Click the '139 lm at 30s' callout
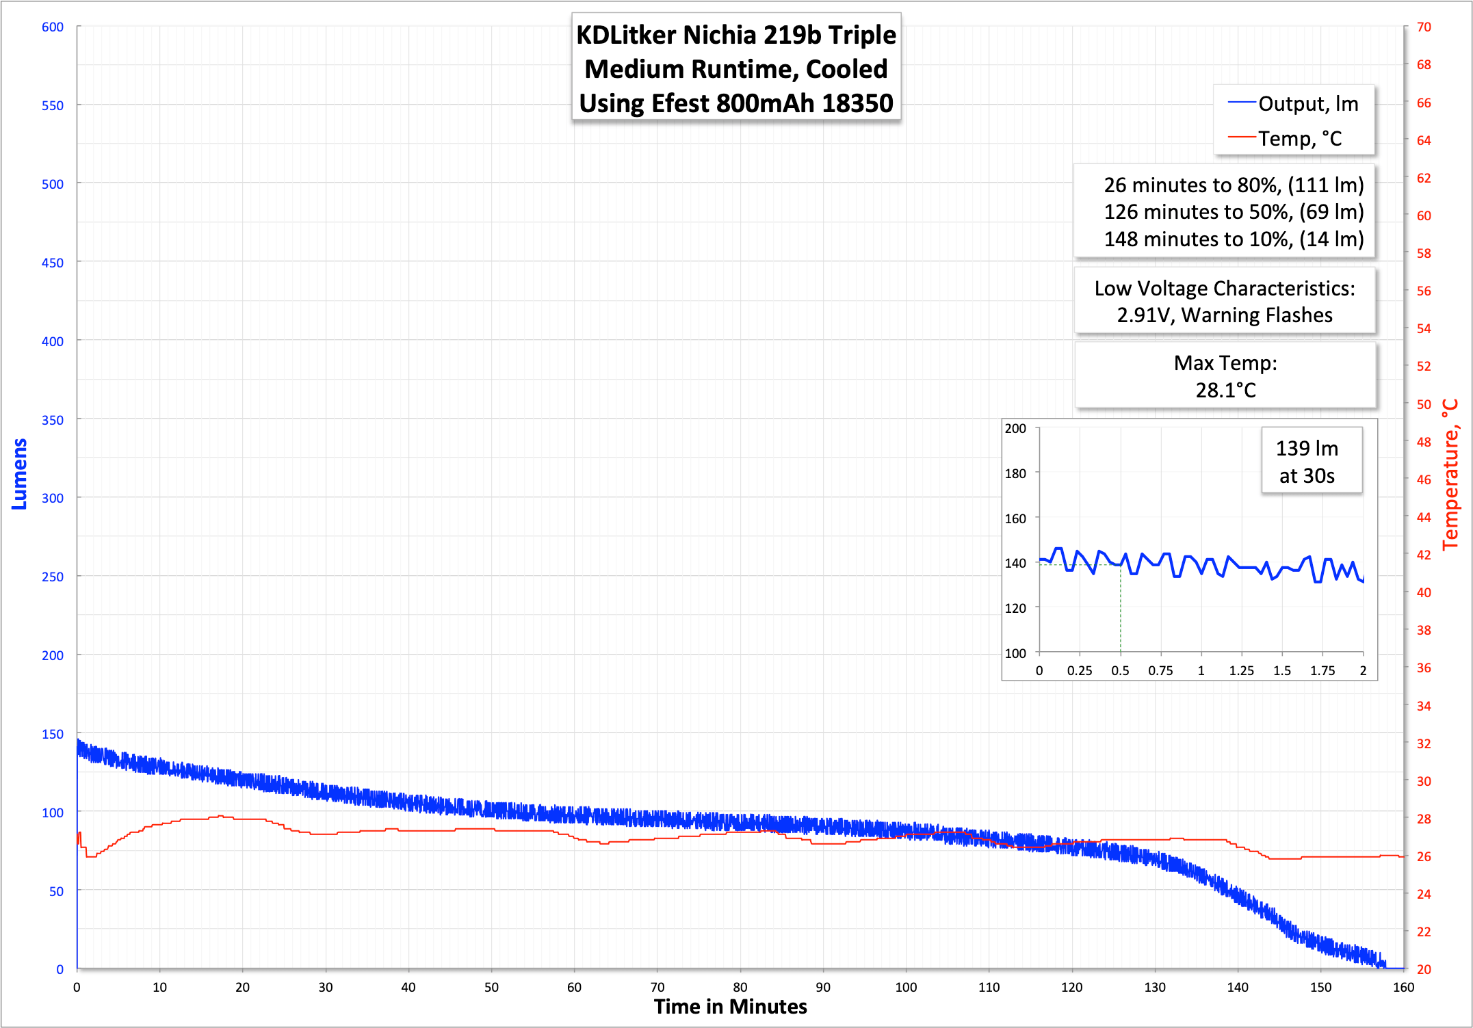point(1307,462)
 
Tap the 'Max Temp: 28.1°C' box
point(1225,376)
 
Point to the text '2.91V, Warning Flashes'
point(1225,315)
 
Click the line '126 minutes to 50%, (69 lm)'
point(1234,212)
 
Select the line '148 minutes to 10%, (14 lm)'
point(1234,239)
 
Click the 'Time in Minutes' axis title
point(730,1007)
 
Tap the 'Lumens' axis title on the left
point(19,474)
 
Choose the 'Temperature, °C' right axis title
point(1450,475)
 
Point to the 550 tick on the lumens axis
point(53,106)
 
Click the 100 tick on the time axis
point(906,987)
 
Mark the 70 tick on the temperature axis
point(1424,27)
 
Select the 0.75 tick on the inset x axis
point(1160,671)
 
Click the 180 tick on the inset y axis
point(1015,473)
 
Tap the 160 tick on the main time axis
point(1403,987)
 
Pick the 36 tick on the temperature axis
point(1424,668)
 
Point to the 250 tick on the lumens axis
point(53,577)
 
